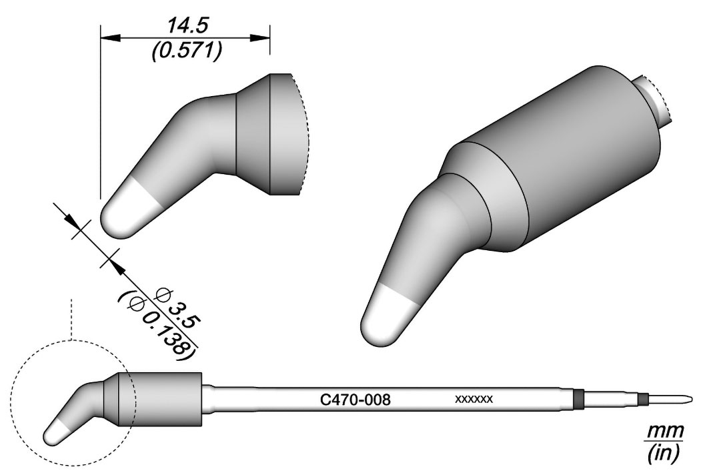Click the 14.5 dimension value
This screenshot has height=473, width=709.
[x=187, y=26]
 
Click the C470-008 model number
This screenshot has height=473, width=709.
[x=356, y=400]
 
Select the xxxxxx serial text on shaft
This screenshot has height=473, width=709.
[x=474, y=400]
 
